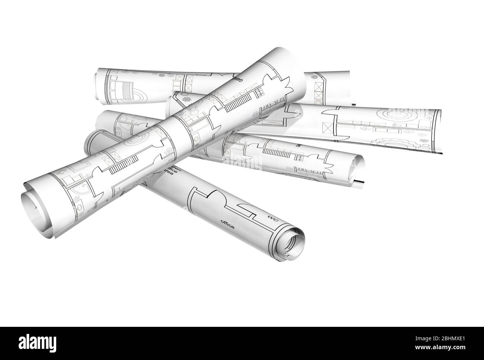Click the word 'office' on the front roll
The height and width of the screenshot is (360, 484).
pyautogui.click(x=227, y=224)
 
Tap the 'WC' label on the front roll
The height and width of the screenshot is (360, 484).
pyautogui.click(x=273, y=219)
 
